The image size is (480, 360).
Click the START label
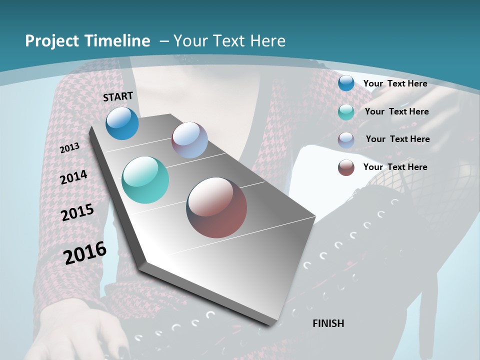point(118,96)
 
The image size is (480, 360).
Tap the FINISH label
point(328,323)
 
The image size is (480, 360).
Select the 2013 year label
point(70,147)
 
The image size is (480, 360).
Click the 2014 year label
point(74,177)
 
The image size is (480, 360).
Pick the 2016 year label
point(85,253)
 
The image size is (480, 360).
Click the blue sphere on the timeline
point(122,123)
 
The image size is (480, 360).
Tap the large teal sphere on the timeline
point(145,180)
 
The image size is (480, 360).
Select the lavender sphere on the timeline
point(189,140)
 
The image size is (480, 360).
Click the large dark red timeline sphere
point(216,207)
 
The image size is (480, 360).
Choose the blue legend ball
point(346,83)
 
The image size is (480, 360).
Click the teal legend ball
point(346,112)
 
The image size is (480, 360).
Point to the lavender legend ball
point(346,140)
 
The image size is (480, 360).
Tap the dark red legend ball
point(346,167)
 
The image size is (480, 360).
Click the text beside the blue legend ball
point(395,83)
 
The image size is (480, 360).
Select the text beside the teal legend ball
point(397,111)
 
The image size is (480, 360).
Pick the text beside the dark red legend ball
point(395,167)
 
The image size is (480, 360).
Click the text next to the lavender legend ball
point(398,139)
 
